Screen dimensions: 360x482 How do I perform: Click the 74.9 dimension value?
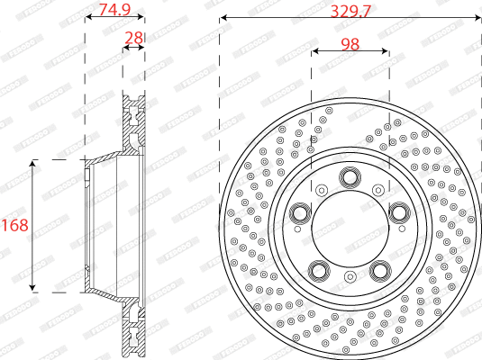[114, 10]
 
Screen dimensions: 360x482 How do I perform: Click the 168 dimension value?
[14, 225]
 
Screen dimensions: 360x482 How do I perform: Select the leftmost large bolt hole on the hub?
[299, 212]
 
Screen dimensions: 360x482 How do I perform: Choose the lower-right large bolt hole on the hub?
[380, 270]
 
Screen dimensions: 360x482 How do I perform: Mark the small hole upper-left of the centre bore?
[322, 189]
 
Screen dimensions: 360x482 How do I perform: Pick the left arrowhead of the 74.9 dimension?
[87, 16]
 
